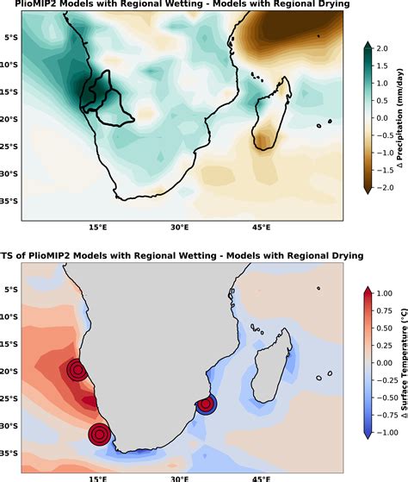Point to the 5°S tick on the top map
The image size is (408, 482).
tap(11, 38)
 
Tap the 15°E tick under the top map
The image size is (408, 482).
tap(97, 228)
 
